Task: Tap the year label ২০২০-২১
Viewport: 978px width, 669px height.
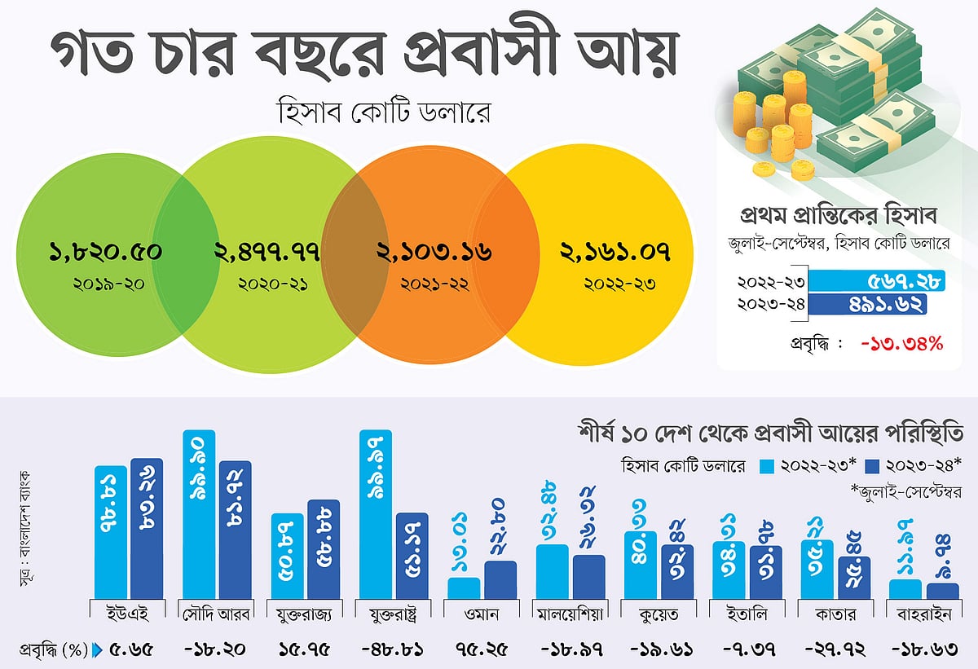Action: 266,285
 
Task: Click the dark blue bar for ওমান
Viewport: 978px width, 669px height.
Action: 500,579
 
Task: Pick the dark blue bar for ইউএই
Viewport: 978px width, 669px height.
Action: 147,529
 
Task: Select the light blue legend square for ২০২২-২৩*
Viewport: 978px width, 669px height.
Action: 765,466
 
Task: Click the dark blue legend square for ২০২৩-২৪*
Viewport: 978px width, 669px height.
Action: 870,466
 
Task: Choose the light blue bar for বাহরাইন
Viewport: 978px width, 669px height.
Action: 905,588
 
